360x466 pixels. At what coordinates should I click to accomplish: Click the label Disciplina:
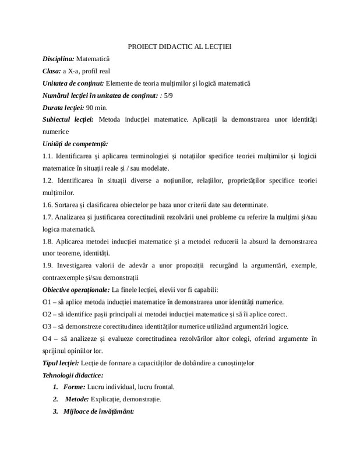click(x=59, y=59)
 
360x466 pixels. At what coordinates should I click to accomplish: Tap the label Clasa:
click(x=52, y=71)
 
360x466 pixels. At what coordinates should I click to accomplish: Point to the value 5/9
click(x=169, y=96)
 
